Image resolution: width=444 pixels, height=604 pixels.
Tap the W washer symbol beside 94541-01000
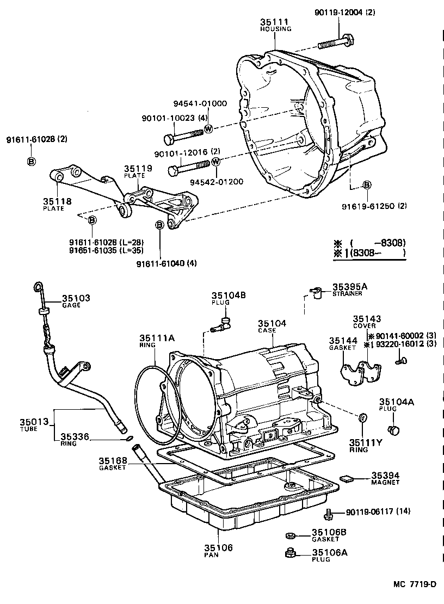pos(208,129)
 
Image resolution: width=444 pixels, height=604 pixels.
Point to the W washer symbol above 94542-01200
pos(216,162)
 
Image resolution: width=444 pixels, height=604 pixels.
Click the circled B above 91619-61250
pos(367,186)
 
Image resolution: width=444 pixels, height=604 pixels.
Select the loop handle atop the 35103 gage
pos(37,287)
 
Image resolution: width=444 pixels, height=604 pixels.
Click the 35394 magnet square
pos(346,478)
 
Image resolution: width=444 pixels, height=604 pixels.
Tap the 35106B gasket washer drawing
pos(290,535)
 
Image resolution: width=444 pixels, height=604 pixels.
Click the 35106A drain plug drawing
pos(290,554)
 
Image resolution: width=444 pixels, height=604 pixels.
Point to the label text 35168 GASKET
pos(113,464)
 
